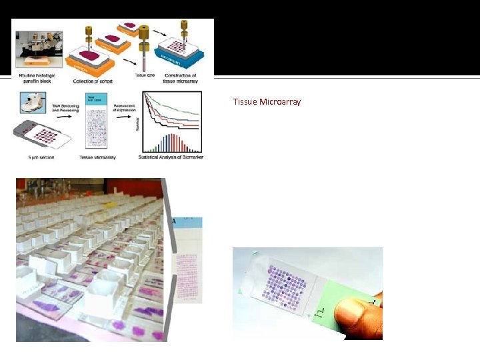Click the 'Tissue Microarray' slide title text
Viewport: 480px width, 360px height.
tap(267, 102)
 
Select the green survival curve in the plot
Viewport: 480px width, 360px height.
tap(180, 107)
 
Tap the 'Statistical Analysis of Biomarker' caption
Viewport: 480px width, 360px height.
tap(171, 157)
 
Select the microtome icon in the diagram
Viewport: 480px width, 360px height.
tap(29, 101)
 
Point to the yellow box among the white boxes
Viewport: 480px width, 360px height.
tap(111, 197)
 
